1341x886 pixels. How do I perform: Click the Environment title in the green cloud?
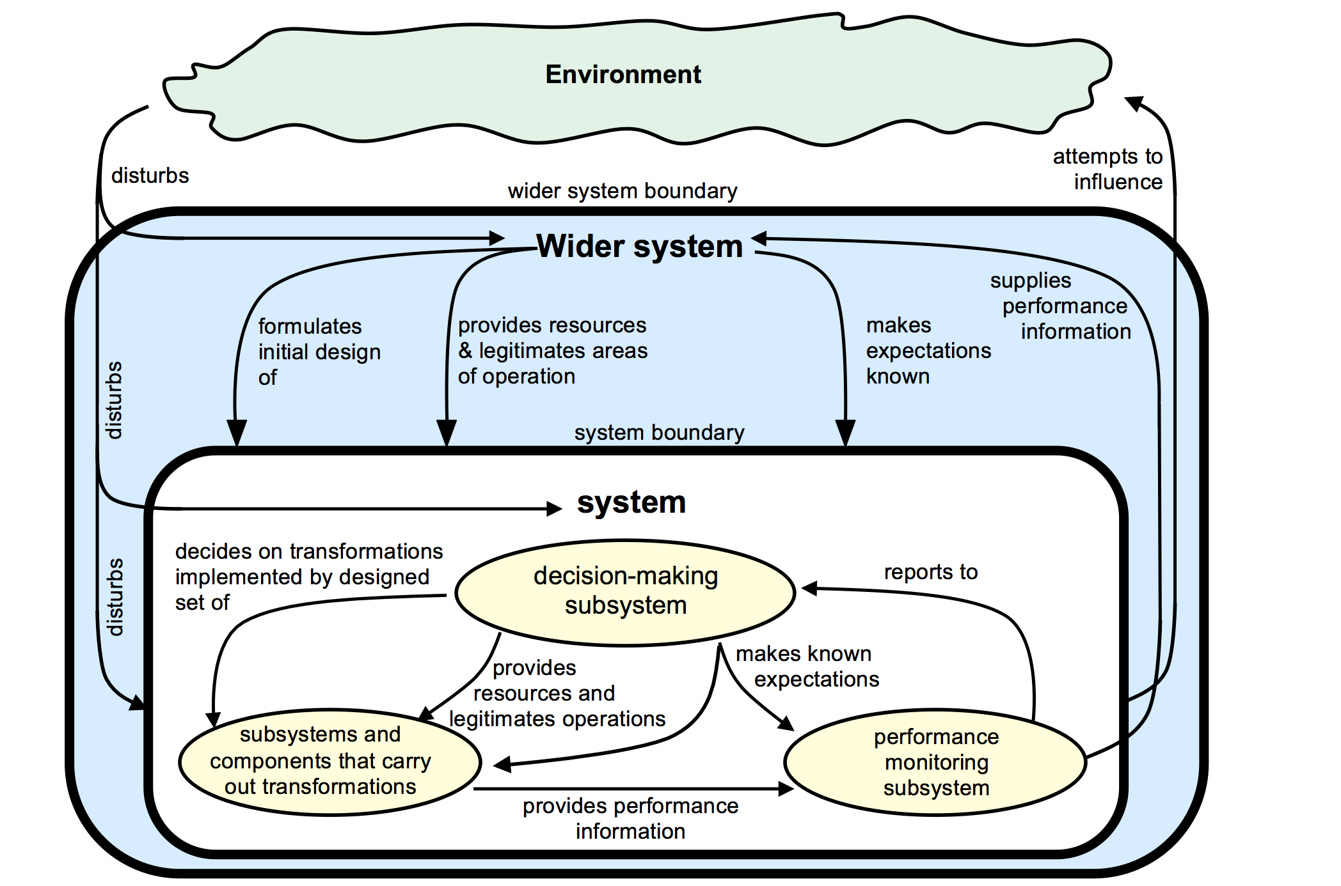[623, 75]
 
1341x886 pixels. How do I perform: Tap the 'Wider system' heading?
[639, 246]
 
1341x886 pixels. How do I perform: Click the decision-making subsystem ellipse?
[625, 591]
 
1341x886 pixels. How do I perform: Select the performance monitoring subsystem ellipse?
[935, 762]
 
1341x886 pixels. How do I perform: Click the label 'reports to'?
[930, 571]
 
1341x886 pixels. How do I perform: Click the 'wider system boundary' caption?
[622, 190]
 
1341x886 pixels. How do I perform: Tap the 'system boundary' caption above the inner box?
[659, 432]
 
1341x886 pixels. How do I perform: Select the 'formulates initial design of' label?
[319, 352]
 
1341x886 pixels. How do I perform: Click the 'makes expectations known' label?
[928, 350]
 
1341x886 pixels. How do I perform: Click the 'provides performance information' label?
[630, 818]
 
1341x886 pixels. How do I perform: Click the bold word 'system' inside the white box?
[631, 502]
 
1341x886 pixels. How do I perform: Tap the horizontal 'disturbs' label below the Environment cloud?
[150, 175]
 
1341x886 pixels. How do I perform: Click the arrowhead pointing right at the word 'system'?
[554, 509]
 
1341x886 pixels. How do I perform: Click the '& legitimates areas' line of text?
[553, 350]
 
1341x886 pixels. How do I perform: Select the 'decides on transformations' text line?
[309, 551]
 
